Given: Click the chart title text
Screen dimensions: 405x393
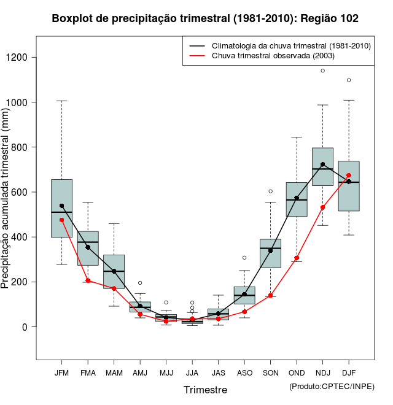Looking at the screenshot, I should point(205,19).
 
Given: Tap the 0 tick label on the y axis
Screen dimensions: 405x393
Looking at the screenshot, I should point(25,327).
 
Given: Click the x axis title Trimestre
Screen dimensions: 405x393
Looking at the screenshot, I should point(205,390).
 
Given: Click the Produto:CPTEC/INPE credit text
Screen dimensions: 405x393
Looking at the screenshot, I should point(332,386).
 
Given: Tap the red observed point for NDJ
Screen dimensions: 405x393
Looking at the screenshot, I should point(322,207).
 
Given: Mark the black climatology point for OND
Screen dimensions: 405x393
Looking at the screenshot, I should point(297,198).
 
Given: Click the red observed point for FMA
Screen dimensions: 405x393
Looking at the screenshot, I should point(88,280).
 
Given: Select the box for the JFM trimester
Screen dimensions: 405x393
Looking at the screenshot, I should point(61,209).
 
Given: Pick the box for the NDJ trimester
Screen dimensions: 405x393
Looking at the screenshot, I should point(322,166).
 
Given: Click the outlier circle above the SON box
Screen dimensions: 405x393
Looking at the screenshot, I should point(270,191).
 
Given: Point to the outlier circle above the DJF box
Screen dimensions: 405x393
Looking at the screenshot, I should point(349,80).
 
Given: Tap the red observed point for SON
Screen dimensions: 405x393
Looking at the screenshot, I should point(270,296).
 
